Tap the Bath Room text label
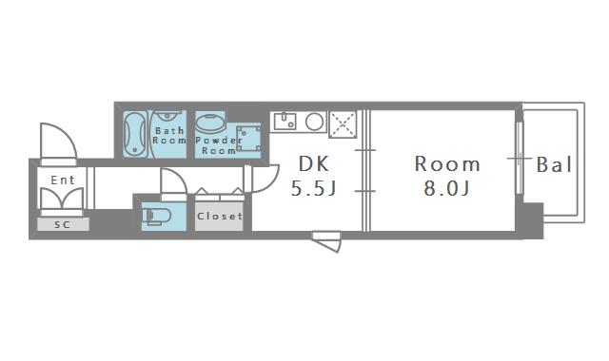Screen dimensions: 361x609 pyautogui.click(x=169, y=135)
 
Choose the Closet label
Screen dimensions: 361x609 pyautogui.click(x=219, y=216)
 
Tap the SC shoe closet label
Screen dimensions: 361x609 pyautogui.click(x=62, y=225)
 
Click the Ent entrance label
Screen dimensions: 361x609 pyautogui.click(x=63, y=180)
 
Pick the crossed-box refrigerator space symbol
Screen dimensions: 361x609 pyautogui.click(x=342, y=123)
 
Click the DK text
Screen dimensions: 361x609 pyautogui.click(x=313, y=162)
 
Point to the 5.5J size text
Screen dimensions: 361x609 pyautogui.click(x=313, y=188)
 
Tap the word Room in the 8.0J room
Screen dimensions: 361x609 pyautogui.click(x=447, y=162)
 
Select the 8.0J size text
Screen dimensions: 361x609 pyautogui.click(x=446, y=188)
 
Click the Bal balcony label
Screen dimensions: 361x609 pyautogui.click(x=554, y=165)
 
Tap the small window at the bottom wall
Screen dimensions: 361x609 pyautogui.click(x=326, y=240)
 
